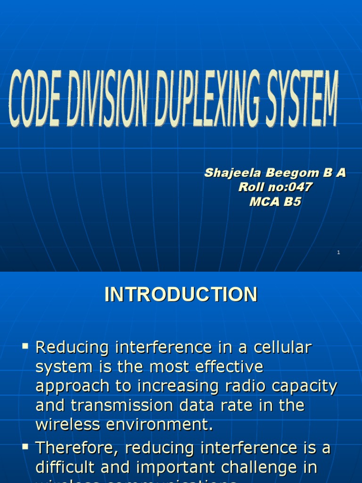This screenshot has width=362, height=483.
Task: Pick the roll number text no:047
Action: click(x=288, y=187)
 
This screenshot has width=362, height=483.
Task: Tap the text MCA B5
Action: click(x=275, y=202)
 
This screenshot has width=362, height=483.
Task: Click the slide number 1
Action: click(x=338, y=253)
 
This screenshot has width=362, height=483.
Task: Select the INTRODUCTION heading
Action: click(x=181, y=295)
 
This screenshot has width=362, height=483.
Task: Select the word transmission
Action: click(x=109, y=406)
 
